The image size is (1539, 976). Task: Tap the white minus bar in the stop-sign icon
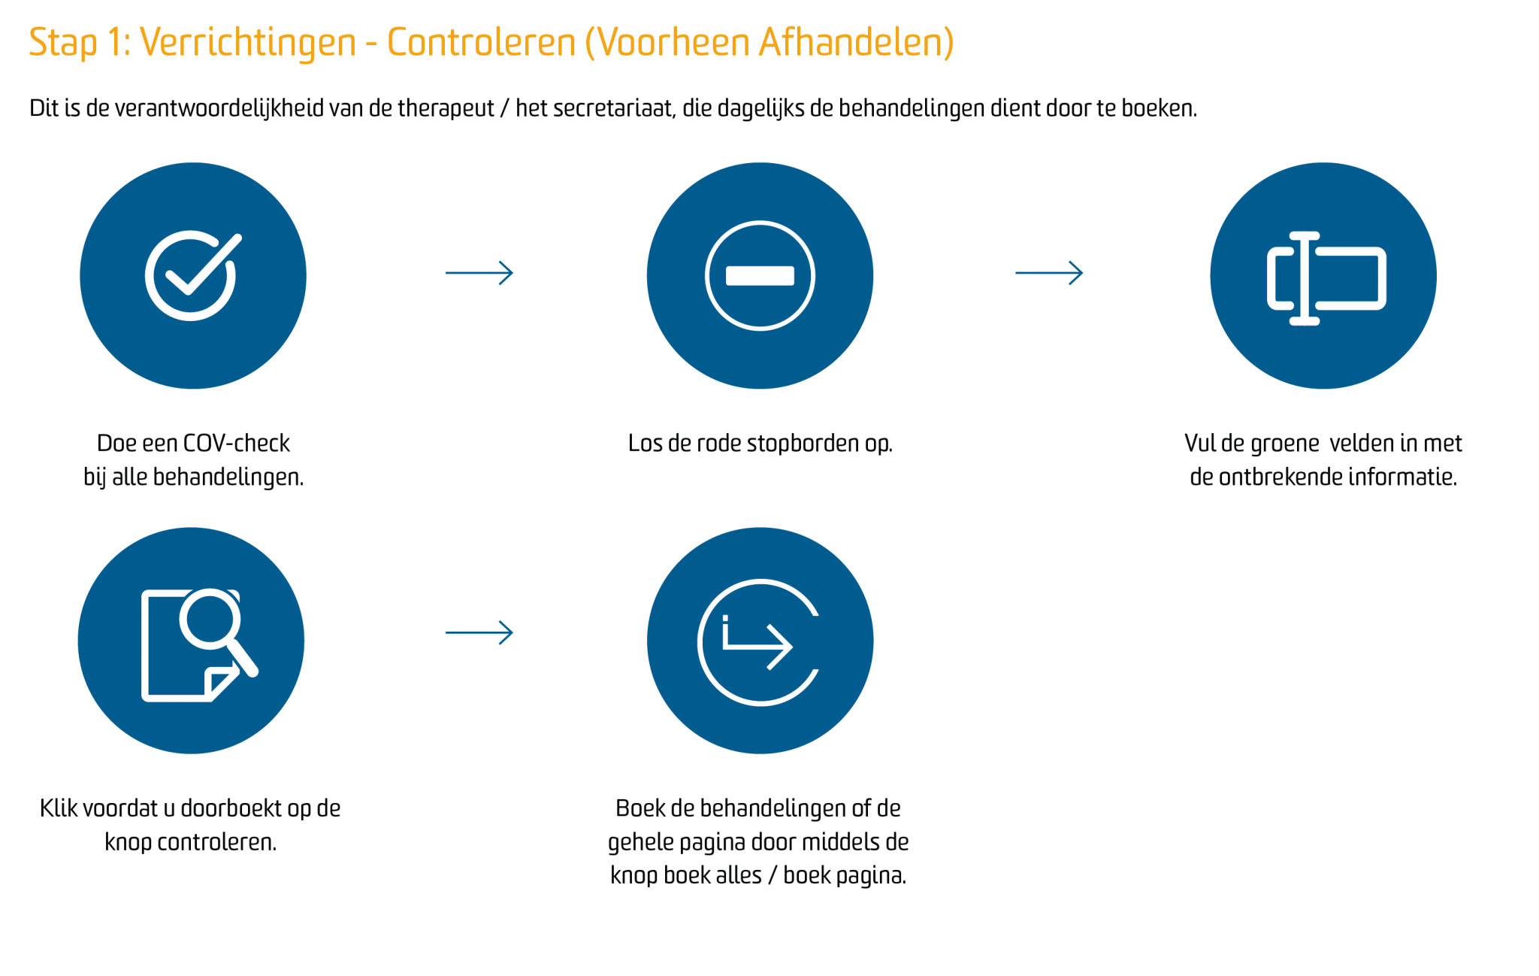pos(760,276)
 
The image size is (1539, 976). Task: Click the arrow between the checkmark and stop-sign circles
pos(479,273)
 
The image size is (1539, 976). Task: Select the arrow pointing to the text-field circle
pos(1049,273)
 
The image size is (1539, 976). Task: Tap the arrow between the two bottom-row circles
pos(479,633)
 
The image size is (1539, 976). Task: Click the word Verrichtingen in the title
pos(248,42)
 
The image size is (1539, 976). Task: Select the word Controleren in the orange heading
pos(481,42)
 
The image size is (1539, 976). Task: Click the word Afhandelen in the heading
pos(856,42)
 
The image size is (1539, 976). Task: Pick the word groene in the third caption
pos(1285,444)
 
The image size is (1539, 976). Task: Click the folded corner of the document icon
pos(221,682)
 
